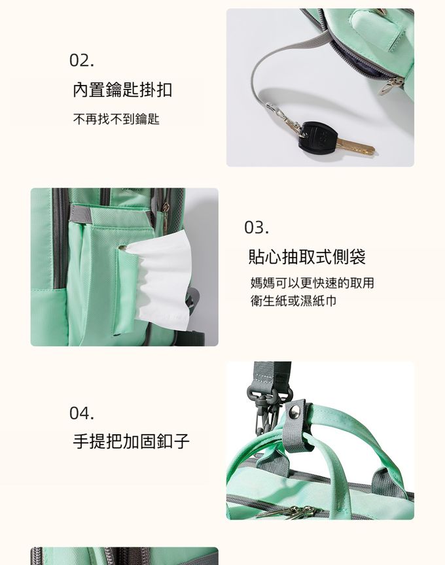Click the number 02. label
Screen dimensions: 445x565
click(82, 60)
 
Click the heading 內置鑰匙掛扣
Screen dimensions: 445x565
click(122, 90)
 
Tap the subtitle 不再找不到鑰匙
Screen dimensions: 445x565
click(116, 119)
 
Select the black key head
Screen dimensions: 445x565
click(319, 136)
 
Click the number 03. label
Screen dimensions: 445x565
click(257, 228)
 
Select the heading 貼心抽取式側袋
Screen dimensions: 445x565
click(307, 257)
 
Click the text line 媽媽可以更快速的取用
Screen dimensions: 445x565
click(312, 283)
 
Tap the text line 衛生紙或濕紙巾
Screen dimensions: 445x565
click(294, 301)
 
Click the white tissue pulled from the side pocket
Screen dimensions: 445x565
click(158, 281)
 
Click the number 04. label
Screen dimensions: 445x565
click(82, 413)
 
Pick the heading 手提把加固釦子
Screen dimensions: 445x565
click(131, 441)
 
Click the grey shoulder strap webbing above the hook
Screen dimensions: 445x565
click(272, 374)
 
